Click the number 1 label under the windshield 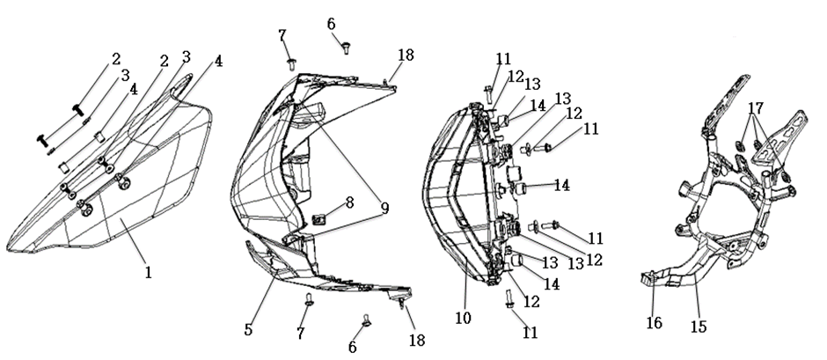pos(149,273)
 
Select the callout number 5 pos(250,330)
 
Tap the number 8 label pos(349,203)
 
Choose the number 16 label pos(653,323)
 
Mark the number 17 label pos(756,108)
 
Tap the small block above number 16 pos(648,281)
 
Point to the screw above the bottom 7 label pos(309,300)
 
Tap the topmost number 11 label pos(502,59)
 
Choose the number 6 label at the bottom pos(353,347)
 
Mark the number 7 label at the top pos(282,35)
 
